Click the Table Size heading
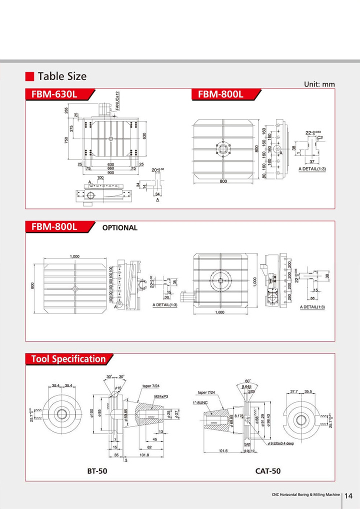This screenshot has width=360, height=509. tap(62, 76)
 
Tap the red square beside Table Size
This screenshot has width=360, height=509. tap(30, 76)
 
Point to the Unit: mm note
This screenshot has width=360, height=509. tap(319, 84)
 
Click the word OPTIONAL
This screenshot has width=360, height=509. tap(119, 227)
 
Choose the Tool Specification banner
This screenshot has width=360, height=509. tap(69, 359)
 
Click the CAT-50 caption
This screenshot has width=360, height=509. tap(268, 470)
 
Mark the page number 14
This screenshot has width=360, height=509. tap(348, 495)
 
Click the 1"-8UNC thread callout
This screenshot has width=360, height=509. tap(201, 402)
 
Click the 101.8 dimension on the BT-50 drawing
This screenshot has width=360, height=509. tap(144, 455)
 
